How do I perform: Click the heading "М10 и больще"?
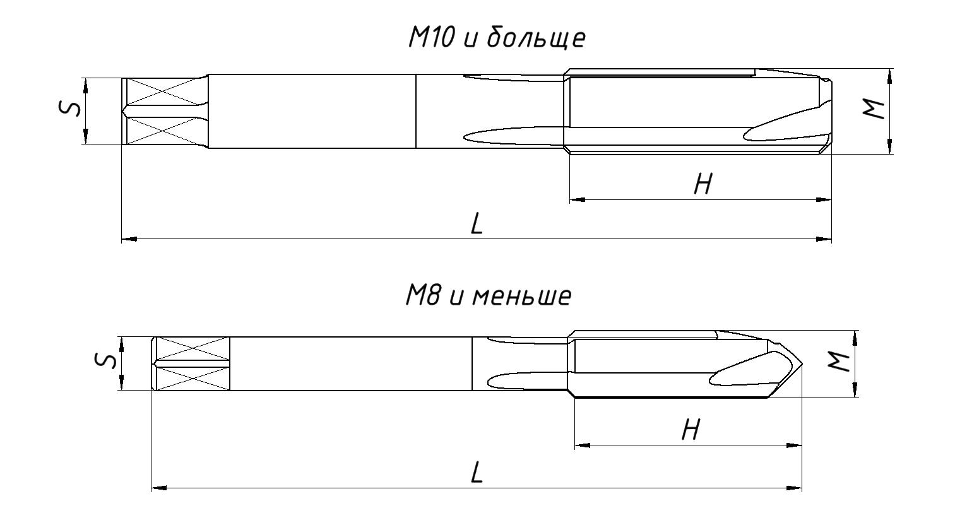(496, 38)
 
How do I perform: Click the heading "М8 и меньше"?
(488, 296)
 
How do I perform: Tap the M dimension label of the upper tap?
(874, 110)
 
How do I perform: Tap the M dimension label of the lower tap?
(838, 362)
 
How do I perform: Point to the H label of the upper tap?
(703, 184)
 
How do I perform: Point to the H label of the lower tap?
(691, 430)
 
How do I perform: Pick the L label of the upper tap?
(477, 224)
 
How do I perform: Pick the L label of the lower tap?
(477, 473)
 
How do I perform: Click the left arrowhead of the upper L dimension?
(129, 239)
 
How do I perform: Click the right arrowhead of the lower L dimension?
(795, 488)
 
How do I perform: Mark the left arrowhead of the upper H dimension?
(577, 199)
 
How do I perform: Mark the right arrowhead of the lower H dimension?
(795, 445)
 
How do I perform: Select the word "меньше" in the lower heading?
(521, 296)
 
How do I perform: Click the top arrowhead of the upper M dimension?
(889, 76)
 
